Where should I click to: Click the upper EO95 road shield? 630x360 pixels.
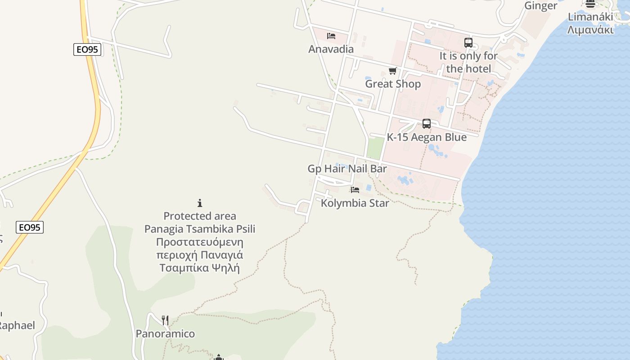(87, 49)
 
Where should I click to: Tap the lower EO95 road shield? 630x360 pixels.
(30, 227)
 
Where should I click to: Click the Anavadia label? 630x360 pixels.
(331, 49)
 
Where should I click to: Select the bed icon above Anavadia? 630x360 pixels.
(331, 36)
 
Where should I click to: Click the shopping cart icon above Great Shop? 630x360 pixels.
(392, 71)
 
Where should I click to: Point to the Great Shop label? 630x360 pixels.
(393, 84)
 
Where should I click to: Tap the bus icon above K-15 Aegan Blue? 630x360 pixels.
(427, 124)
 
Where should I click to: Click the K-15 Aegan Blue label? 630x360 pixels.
(427, 137)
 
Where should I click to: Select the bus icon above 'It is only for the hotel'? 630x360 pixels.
(468, 43)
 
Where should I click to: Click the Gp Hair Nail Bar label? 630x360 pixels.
(347, 169)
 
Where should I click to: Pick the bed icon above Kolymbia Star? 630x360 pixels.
(355, 190)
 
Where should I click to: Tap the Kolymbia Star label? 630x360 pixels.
(355, 203)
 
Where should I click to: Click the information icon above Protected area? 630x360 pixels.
(200, 203)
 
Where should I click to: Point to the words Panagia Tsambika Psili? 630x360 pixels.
(200, 229)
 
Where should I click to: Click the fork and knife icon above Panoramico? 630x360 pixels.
(166, 320)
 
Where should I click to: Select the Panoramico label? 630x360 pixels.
(166, 334)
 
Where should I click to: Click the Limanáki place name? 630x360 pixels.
(590, 17)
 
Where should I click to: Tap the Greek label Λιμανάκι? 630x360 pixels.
(590, 30)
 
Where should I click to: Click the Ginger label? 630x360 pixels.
(540, 6)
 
